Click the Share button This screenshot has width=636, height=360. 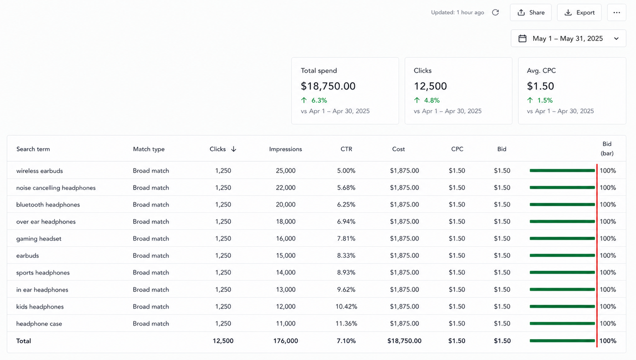coord(531,13)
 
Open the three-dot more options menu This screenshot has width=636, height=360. coord(616,13)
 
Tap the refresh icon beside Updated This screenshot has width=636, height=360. coord(496,13)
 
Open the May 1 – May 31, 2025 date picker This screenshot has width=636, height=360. coord(568,38)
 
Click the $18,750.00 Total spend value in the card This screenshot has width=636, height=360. coord(328,86)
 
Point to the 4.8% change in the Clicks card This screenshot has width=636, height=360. coord(432,100)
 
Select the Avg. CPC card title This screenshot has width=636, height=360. coord(541,70)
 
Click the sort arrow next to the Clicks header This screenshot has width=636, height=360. coord(234,149)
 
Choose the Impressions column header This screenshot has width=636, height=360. coord(285,149)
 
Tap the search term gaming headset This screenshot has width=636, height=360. coord(39,239)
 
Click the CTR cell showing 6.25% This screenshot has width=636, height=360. coord(346,205)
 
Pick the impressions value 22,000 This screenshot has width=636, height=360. coord(286,188)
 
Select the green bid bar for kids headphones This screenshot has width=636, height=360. coord(562,306)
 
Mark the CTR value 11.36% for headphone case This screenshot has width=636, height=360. coord(346,324)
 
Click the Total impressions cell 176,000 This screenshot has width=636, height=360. coord(286,340)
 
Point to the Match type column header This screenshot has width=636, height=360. coord(149,149)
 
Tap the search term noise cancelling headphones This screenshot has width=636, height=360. coord(56,188)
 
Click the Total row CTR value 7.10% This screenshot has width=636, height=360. coord(346,340)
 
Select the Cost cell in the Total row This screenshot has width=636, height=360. coord(404,340)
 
